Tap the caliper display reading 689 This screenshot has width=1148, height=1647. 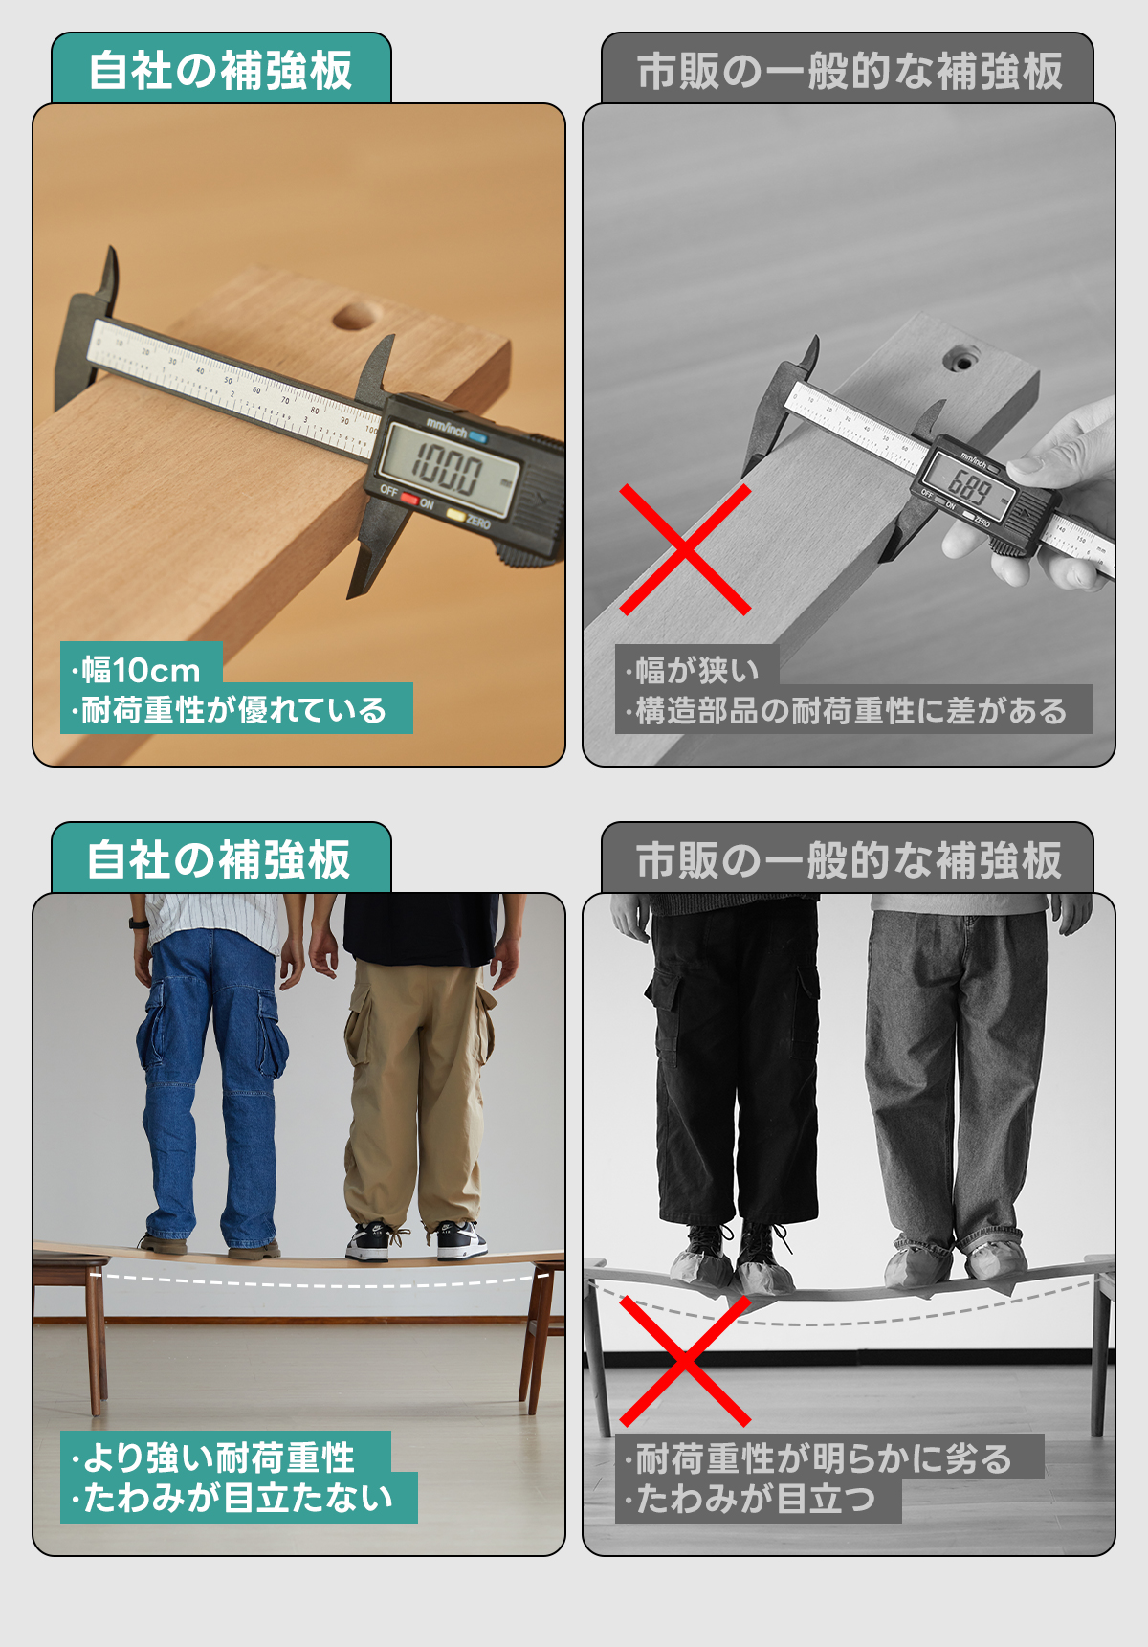[970, 488]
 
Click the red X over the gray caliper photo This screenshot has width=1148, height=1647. [685, 549]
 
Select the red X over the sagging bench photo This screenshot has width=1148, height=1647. [685, 1361]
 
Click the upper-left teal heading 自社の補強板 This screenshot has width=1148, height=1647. [220, 71]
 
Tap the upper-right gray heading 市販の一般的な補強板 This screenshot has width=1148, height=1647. [850, 71]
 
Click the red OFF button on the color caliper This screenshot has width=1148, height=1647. [409, 499]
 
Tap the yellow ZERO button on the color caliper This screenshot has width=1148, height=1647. [456, 517]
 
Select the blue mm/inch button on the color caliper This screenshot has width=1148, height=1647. [477, 438]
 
